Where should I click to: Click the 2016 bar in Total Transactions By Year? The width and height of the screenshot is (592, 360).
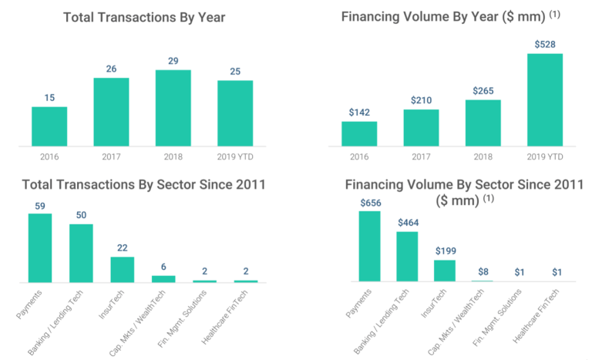tap(49, 126)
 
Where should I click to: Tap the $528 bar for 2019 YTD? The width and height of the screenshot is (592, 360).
tap(545, 99)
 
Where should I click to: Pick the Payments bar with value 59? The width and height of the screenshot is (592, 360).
tap(40, 248)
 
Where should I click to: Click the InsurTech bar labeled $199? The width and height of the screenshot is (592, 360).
tap(445, 271)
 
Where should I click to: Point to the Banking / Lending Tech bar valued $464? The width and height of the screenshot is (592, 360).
tap(407, 257)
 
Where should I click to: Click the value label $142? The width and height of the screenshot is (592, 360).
tap(359, 112)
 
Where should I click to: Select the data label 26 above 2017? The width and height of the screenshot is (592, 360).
tap(112, 69)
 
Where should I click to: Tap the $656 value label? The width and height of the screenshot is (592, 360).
tap(369, 202)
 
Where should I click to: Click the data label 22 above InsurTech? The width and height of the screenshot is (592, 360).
tap(122, 247)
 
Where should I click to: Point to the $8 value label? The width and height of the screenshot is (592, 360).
tap(482, 271)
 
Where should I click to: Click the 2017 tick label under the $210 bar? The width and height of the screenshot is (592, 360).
tap(421, 156)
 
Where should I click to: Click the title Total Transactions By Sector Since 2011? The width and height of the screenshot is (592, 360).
tap(143, 185)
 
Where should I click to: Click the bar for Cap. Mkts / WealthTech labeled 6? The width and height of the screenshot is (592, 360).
tap(163, 279)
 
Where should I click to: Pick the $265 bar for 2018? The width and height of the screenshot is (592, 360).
tap(483, 123)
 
